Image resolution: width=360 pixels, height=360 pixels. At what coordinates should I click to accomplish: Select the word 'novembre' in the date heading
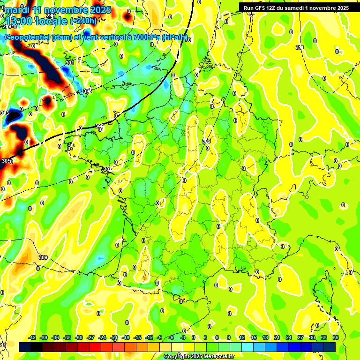point(62,10)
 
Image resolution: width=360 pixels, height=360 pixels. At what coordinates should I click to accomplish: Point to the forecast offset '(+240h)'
point(83,21)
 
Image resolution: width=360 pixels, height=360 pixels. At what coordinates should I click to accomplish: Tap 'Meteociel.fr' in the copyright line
point(216,357)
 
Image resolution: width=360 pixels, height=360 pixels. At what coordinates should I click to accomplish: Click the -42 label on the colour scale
point(32,337)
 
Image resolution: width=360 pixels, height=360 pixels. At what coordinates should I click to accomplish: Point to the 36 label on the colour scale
point(336,337)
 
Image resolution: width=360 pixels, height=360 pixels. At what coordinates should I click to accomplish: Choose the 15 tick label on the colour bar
point(254,337)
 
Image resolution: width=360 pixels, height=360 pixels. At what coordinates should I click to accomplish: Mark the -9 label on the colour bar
point(159,337)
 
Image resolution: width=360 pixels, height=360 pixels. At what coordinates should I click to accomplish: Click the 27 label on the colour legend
point(300,337)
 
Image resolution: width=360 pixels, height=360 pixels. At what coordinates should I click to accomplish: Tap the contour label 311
point(300,47)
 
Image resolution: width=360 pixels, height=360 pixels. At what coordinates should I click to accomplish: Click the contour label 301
point(70,63)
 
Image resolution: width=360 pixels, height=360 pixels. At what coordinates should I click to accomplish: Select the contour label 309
point(43,257)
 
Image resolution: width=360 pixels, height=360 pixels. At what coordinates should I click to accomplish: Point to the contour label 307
point(106,169)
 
